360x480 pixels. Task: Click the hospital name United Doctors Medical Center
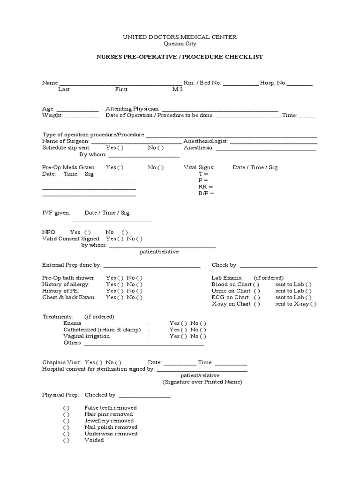[x=180, y=37]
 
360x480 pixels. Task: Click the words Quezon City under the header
[x=180, y=44]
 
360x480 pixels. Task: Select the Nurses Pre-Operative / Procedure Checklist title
[x=180, y=57]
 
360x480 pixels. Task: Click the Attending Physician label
[x=133, y=108]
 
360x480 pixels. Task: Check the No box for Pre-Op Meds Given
[x=161, y=167]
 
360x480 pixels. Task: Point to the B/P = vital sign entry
[x=206, y=193]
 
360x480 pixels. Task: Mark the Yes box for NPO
[x=88, y=232]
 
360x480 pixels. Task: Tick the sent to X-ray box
[x=313, y=304]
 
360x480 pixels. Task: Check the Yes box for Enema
[x=184, y=323]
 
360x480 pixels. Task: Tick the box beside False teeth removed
[x=67, y=408]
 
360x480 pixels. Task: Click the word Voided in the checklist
[x=94, y=441]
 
